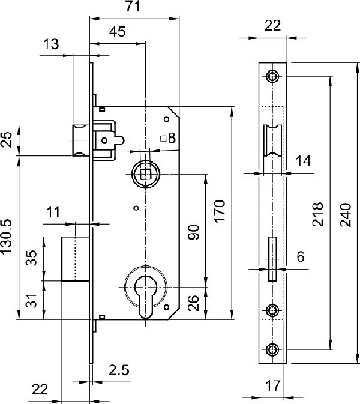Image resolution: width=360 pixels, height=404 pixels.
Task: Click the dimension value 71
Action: point(134,7)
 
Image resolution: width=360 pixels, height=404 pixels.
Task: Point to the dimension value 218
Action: point(317,213)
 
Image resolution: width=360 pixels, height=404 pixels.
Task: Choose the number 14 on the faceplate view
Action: point(304,160)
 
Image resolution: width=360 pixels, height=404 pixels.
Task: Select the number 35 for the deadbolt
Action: point(34,258)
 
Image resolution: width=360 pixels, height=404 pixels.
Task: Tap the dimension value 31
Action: point(34,300)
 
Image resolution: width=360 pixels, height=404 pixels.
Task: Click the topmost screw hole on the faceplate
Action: point(274,76)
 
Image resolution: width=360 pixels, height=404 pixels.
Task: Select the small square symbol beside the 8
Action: point(163,139)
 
